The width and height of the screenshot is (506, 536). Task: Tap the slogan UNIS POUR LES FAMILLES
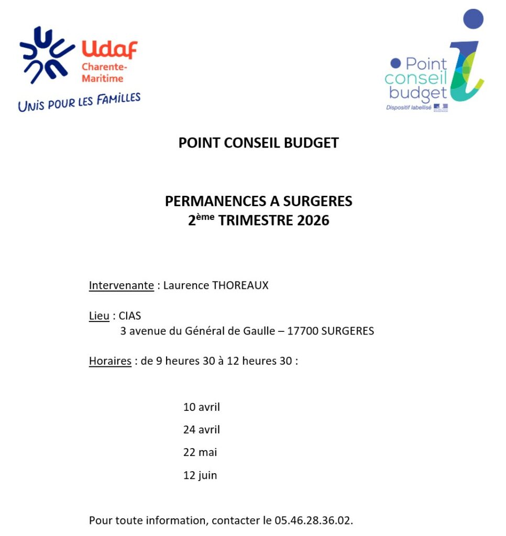(x=79, y=102)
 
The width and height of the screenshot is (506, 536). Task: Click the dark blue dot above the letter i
(x=474, y=19)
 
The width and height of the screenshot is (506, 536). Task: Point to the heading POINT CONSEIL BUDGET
(x=258, y=143)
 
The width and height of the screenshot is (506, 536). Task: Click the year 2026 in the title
(x=313, y=221)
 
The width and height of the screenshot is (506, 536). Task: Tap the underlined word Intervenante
(x=122, y=286)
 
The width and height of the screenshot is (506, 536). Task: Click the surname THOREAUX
(x=240, y=286)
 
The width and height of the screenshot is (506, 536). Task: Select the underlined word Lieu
(x=99, y=316)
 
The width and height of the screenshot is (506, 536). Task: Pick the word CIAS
(x=130, y=316)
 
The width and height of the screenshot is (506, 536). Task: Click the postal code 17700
(x=303, y=331)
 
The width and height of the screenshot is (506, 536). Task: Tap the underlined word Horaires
(x=110, y=361)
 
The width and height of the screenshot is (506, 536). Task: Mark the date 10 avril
(x=202, y=407)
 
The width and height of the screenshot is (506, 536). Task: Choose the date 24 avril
(x=202, y=430)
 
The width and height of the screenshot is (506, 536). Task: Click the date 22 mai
(x=200, y=453)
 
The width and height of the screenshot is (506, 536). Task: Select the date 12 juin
(x=200, y=476)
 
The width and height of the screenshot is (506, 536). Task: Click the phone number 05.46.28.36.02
(x=314, y=521)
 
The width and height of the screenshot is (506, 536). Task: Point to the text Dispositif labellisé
(x=409, y=107)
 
